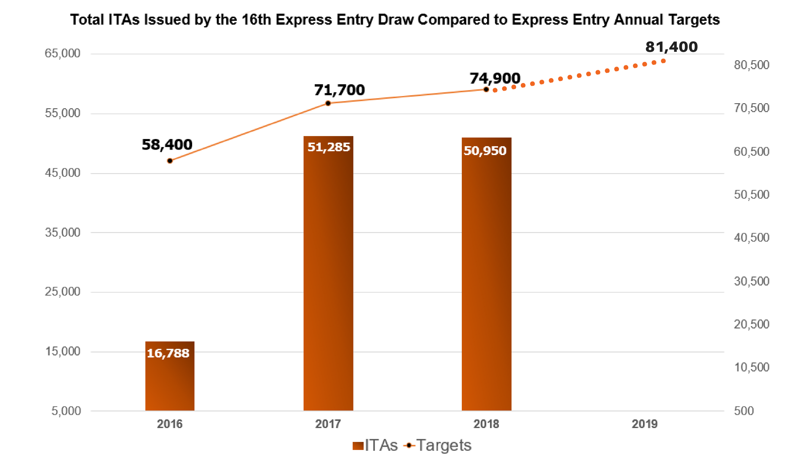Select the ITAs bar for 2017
click(328, 274)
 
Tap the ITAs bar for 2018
click(486, 274)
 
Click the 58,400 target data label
click(167, 145)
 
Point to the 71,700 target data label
click(339, 90)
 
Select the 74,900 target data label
click(495, 78)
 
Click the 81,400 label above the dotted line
click(671, 47)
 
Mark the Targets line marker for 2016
click(170, 161)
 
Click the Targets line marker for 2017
click(328, 103)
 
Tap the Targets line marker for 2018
click(486, 89)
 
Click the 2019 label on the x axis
click(644, 424)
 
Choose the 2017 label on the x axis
click(328, 424)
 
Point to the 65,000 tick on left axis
click(62, 54)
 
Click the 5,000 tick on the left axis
click(66, 411)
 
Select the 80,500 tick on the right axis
click(751, 65)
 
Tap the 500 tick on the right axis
click(744, 411)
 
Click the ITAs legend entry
click(375, 445)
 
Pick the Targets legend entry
click(438, 445)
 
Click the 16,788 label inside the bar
click(168, 353)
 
